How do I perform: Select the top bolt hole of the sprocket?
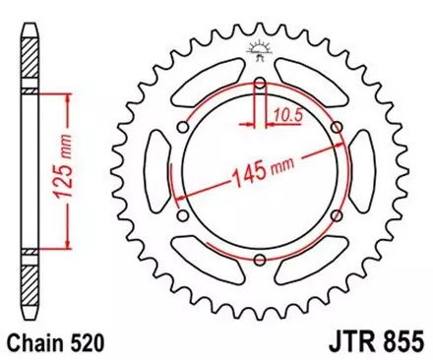pyautogui.click(x=260, y=87)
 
